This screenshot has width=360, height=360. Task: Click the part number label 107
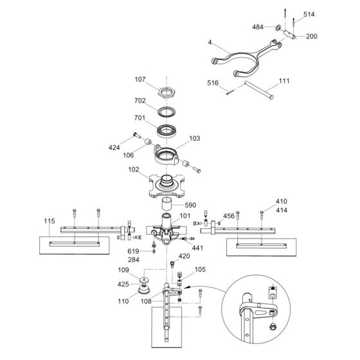coord(141,80)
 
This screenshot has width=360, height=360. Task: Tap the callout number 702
coord(141,101)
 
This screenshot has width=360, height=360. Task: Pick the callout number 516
coord(212,83)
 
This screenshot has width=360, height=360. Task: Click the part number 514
coord(309,14)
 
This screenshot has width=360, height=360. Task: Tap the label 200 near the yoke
coord(311,37)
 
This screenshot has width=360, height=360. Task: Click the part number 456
coord(228,216)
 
